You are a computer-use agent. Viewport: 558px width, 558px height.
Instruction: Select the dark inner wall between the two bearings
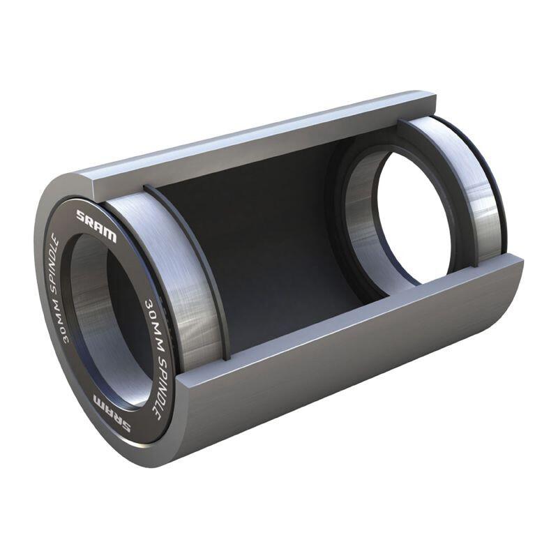tap(279, 230)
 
